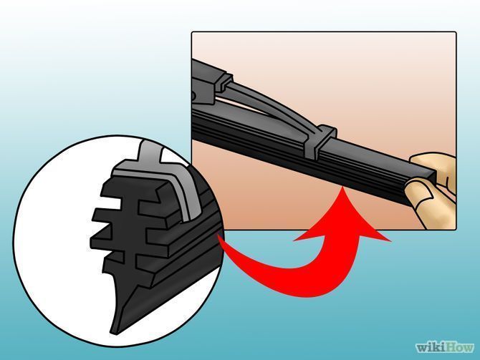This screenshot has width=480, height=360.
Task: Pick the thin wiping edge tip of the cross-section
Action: tap(115, 331)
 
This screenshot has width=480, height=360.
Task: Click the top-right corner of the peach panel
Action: tap(456, 32)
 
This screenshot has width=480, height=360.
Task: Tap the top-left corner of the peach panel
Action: tap(193, 32)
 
